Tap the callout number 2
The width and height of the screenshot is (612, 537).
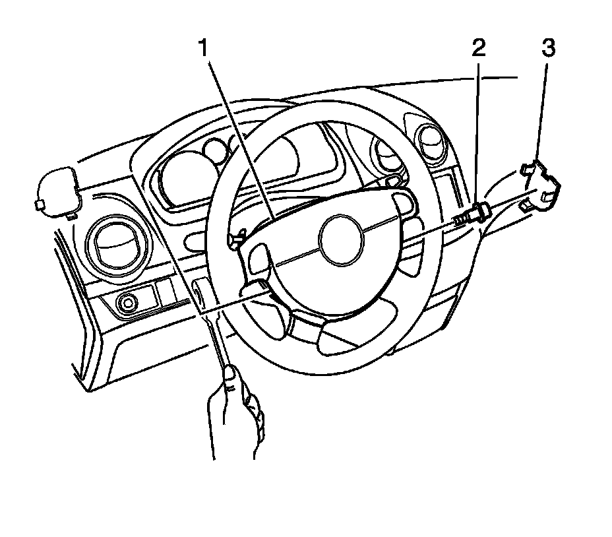[477, 48]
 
